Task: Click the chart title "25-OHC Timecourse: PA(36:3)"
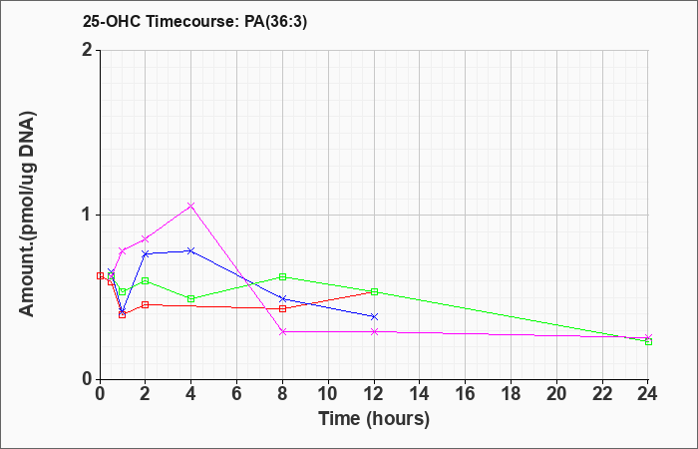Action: coord(194,22)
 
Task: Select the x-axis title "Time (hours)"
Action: coord(374,419)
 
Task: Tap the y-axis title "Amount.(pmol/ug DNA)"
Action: coord(28,215)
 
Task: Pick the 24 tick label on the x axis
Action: coord(648,394)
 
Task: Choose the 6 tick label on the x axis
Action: coord(237,394)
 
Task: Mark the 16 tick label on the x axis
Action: coord(466,394)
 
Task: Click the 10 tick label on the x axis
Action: coord(328,394)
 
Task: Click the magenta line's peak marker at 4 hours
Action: coord(191,206)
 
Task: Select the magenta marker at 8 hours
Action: coord(282,331)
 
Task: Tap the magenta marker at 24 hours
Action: coord(648,337)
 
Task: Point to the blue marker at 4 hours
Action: coord(191,250)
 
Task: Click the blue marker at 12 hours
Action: coord(374,316)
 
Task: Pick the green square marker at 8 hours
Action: coord(282,276)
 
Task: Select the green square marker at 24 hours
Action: coord(648,341)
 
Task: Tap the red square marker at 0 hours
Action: coord(100,275)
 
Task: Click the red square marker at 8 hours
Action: coord(282,308)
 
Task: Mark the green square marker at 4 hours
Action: coord(191,298)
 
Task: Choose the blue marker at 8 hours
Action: coord(282,298)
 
